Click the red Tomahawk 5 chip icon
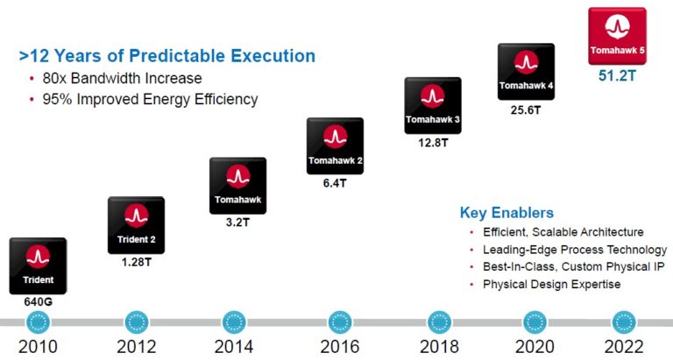(617, 36)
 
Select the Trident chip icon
(38, 265)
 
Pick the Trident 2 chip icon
(136, 225)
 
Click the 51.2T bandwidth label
(617, 76)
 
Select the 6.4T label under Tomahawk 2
(335, 183)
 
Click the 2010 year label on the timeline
(38, 346)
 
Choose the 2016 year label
(339, 346)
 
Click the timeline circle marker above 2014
(235, 321)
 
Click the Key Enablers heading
(507, 213)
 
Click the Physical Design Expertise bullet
(551, 285)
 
